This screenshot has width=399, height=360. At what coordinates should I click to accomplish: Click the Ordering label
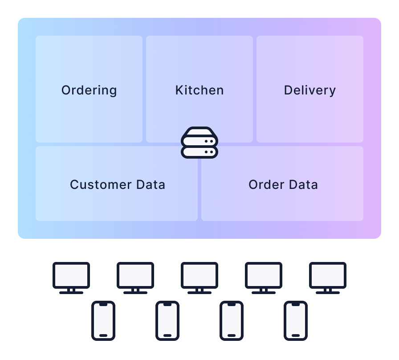(89, 90)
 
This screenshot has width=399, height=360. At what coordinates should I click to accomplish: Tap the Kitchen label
(199, 90)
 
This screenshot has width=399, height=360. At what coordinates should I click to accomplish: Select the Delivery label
(310, 90)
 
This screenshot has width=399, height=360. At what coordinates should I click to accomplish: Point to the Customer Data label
(118, 184)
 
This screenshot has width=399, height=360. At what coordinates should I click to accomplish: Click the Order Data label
(283, 184)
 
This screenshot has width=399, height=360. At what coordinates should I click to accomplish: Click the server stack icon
(199, 143)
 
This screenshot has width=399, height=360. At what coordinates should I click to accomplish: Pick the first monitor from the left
(71, 275)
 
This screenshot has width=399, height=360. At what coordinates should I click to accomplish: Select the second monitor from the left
(135, 275)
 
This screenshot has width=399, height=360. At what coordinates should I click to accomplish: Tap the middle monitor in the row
(199, 275)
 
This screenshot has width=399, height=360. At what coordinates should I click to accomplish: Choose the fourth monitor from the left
(264, 275)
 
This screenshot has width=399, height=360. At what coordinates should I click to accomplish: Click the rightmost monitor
(328, 275)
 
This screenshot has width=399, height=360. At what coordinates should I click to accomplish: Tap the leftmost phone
(103, 321)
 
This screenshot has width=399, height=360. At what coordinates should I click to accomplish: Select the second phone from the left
(167, 321)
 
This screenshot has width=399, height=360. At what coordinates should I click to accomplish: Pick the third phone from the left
(232, 321)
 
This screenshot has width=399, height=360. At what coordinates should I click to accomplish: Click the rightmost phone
(296, 321)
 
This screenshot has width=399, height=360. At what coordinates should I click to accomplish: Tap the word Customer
(101, 184)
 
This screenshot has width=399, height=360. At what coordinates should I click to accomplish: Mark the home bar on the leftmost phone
(103, 335)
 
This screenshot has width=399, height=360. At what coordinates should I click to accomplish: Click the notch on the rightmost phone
(296, 305)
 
